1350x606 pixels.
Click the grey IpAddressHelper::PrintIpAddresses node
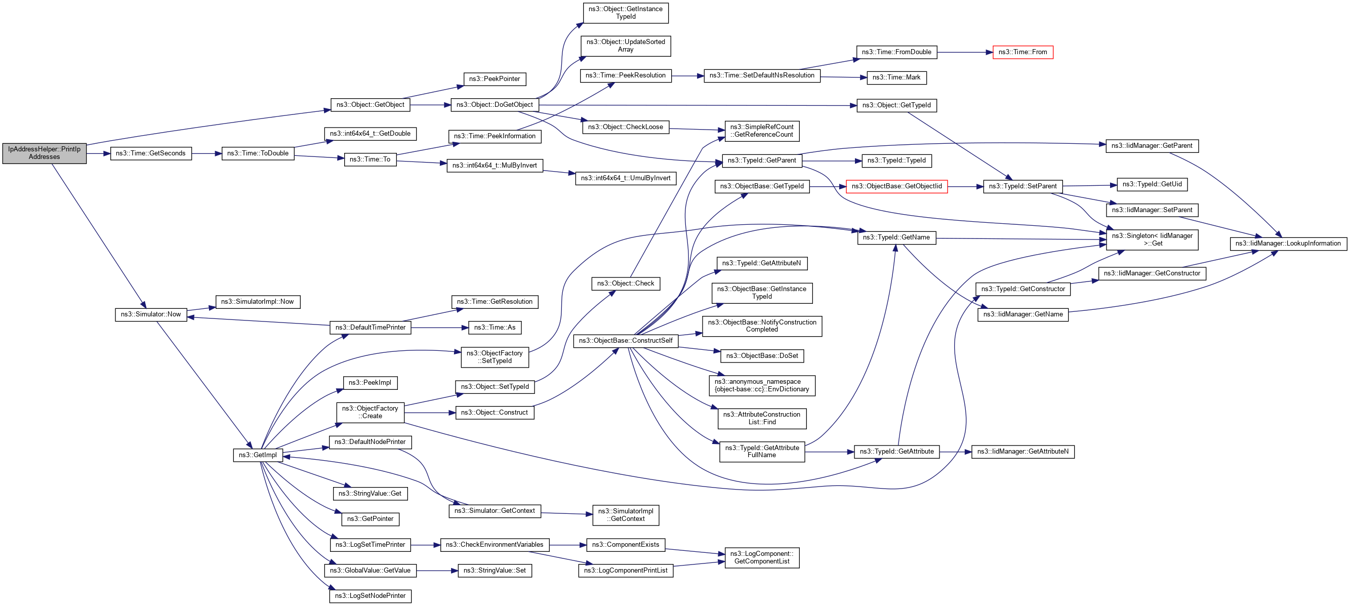[45, 153]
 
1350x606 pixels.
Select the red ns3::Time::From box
[1022, 53]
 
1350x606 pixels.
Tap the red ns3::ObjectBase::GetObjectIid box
[896, 187]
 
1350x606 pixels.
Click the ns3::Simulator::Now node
[151, 314]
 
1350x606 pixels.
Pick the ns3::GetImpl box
[258, 455]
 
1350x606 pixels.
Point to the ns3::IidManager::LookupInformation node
[1288, 244]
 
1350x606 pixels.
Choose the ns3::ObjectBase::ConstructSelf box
[626, 341]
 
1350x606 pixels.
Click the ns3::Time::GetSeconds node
[151, 153]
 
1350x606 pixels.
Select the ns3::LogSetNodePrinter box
[371, 596]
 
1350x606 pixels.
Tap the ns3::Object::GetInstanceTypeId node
[626, 13]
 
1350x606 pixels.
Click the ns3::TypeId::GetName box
[896, 238]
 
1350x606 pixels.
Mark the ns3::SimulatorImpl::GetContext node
[626, 515]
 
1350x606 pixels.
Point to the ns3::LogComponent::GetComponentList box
[762, 558]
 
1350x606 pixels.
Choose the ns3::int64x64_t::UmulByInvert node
[626, 178]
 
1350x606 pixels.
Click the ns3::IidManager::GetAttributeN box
[1022, 452]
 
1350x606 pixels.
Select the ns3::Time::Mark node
[896, 77]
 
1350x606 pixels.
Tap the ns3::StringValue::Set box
[495, 571]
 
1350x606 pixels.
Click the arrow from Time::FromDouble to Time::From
[964, 53]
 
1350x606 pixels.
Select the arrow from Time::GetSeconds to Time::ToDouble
[207, 153]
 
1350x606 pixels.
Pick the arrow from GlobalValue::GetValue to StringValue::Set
[437, 571]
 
